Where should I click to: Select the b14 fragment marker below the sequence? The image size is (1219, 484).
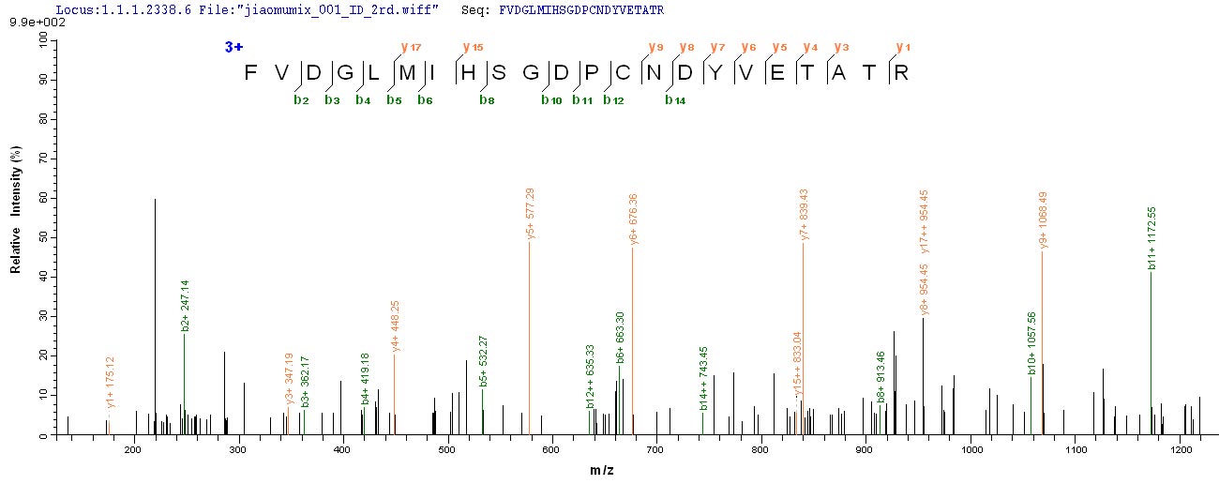(675, 100)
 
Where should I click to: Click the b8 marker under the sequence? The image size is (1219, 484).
(487, 100)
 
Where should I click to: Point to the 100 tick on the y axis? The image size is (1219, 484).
(41, 43)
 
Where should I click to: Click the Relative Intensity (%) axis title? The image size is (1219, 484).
(16, 209)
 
